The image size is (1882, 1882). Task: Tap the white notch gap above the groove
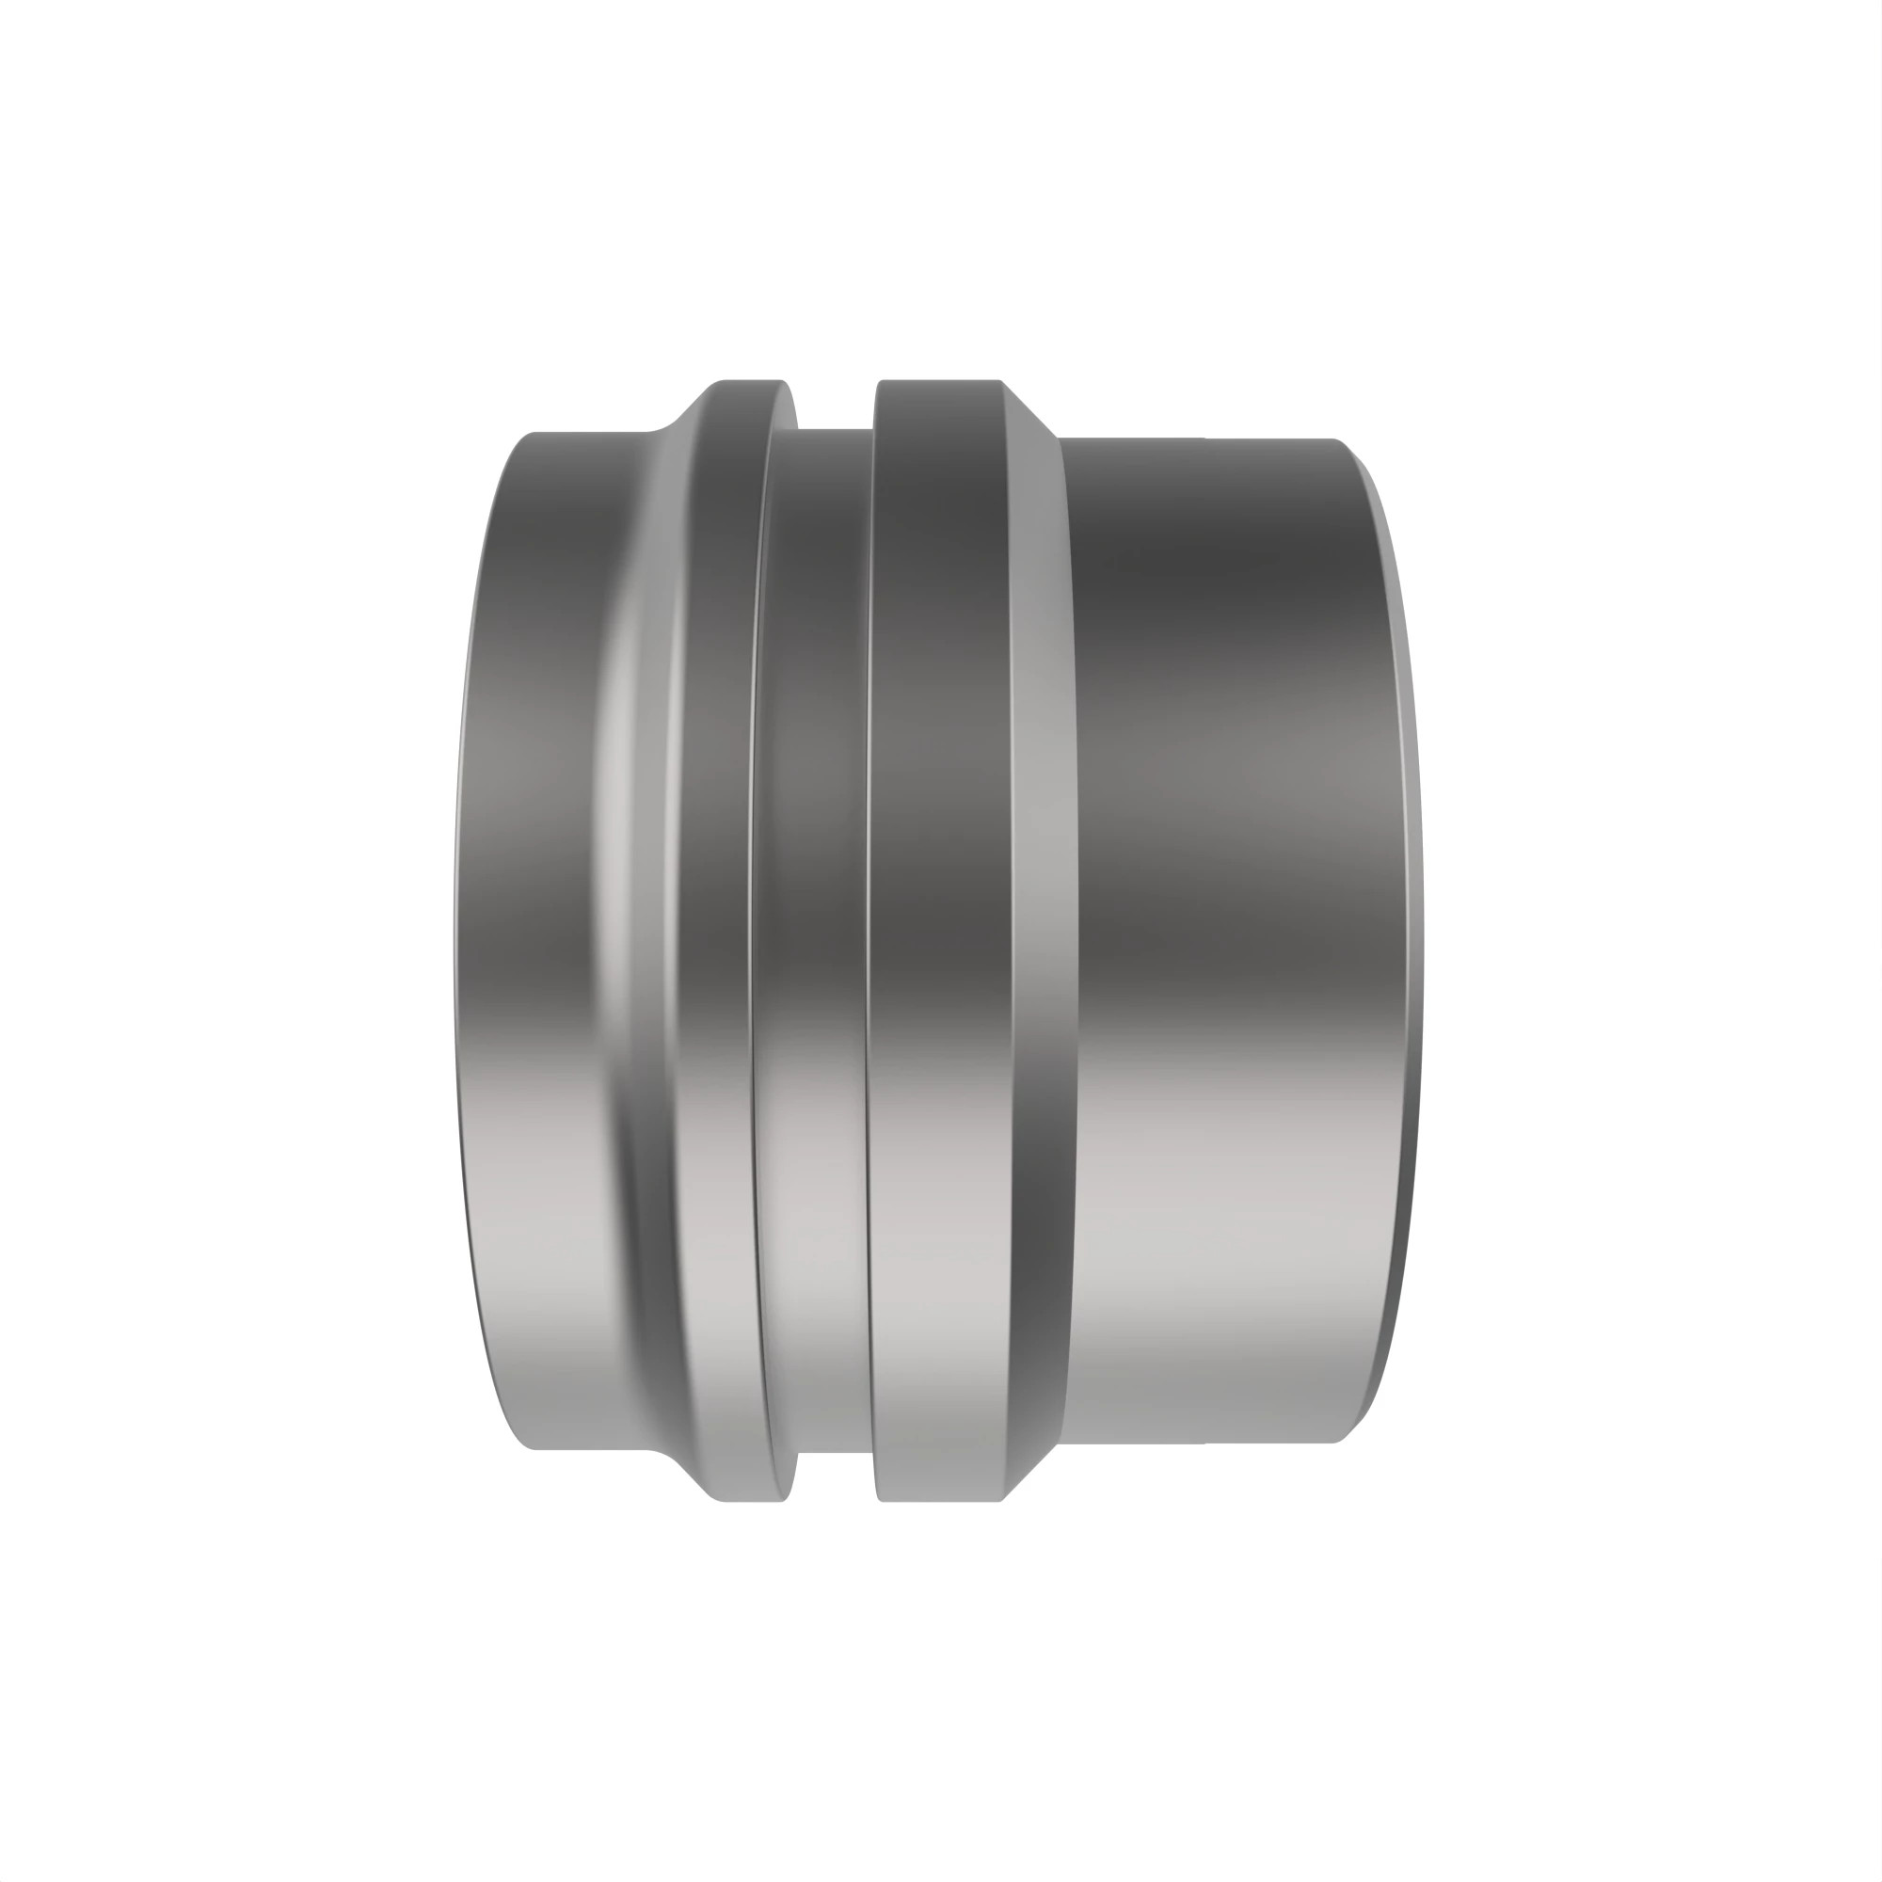(836, 404)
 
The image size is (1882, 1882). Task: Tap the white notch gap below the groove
(836, 1476)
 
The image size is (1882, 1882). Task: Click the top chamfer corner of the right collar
(1027, 407)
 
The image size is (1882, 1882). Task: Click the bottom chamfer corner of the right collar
(1027, 1473)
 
